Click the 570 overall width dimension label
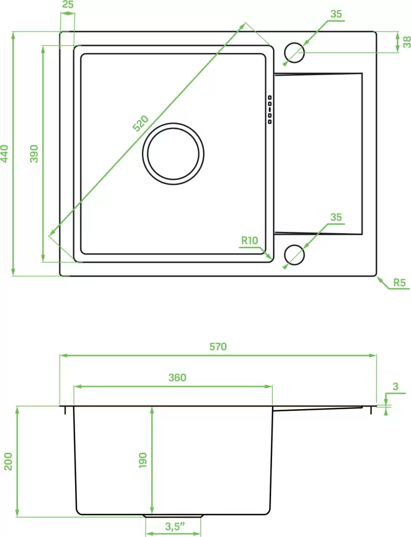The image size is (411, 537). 218,346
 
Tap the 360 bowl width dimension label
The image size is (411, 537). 177,378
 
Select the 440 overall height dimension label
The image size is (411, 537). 4,154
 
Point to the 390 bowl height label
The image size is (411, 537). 34,154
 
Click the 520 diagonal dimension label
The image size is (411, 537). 141,124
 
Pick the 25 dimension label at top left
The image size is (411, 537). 68,5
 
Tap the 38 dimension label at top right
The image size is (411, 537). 407,42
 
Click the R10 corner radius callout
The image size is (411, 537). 249,241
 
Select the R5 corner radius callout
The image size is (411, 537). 399,282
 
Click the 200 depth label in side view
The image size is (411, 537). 8,461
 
